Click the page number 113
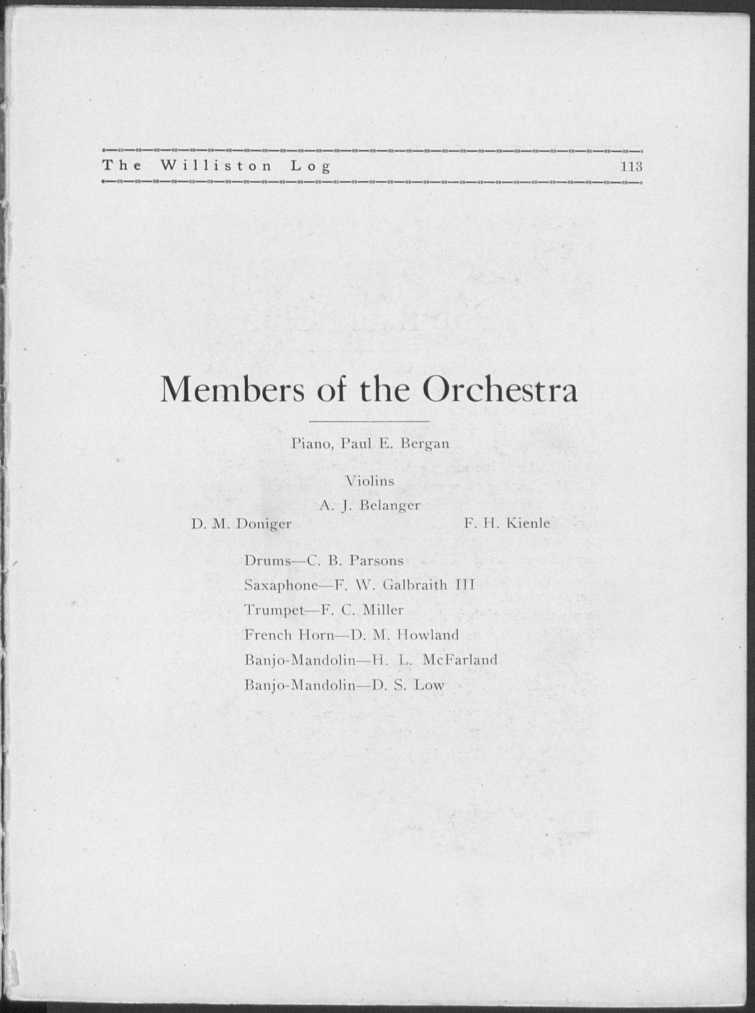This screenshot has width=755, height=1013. click(631, 167)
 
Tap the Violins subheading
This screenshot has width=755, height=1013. click(370, 481)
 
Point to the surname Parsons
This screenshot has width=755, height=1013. click(377, 561)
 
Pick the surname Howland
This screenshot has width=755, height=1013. click(428, 635)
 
